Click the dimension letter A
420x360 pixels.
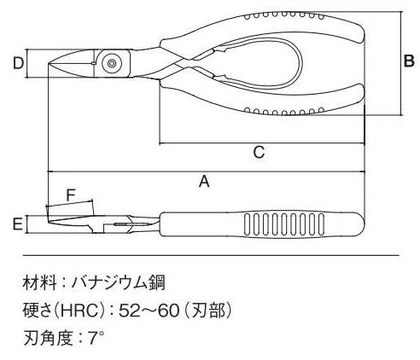tap(204, 182)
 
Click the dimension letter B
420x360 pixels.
tap(409, 61)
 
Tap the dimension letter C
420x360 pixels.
tap(259, 152)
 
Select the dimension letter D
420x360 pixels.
tap(18, 63)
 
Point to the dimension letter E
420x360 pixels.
tap(18, 224)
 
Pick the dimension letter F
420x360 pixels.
tap(70, 195)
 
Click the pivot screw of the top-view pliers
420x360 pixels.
tap(112, 63)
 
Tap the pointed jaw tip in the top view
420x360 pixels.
tap(49, 63)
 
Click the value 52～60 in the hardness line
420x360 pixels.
tap(149, 311)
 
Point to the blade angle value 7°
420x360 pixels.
tap(96, 338)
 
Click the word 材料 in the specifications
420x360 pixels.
tap(39, 283)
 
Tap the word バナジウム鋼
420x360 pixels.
tap(118, 283)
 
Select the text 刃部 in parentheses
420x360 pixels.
tap(208, 311)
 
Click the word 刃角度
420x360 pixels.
tap(48, 338)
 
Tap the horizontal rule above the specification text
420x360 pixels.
tap(211, 256)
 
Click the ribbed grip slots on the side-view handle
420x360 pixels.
tap(284, 224)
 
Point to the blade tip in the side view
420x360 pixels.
tap(48, 222)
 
